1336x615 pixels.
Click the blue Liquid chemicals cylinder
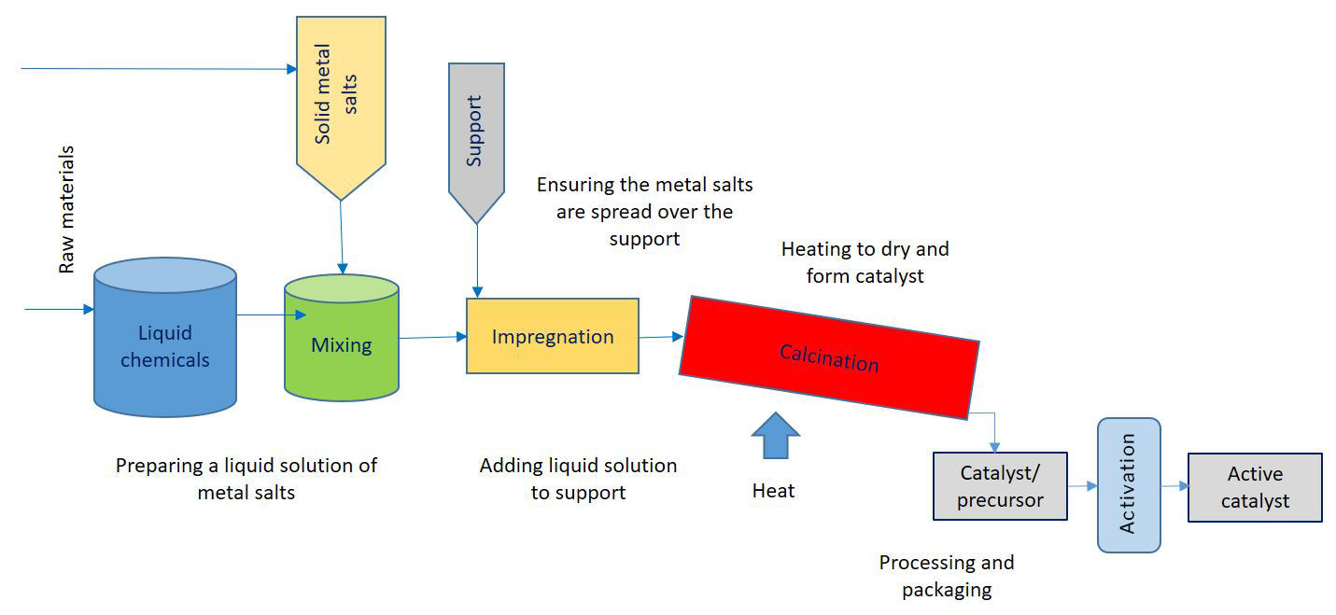point(165,337)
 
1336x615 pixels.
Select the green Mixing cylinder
point(342,337)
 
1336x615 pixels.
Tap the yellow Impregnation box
point(553,336)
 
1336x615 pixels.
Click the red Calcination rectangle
point(829,357)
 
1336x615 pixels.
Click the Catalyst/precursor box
point(1000,486)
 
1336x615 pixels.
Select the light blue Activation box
point(1129,485)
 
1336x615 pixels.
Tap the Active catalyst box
point(1255,487)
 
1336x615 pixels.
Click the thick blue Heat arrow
point(775,436)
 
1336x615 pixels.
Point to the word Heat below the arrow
point(774,491)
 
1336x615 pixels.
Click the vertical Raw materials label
point(66,210)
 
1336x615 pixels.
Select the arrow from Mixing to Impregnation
point(433,337)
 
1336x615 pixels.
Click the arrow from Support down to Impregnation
point(477,261)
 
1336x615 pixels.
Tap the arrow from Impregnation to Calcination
point(661,337)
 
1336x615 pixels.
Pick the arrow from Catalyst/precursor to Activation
point(1082,486)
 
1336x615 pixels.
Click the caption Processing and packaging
point(947,576)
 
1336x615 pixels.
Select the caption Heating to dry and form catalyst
point(865,262)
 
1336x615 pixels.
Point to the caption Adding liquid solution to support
point(578,479)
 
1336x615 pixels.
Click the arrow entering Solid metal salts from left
point(159,69)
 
